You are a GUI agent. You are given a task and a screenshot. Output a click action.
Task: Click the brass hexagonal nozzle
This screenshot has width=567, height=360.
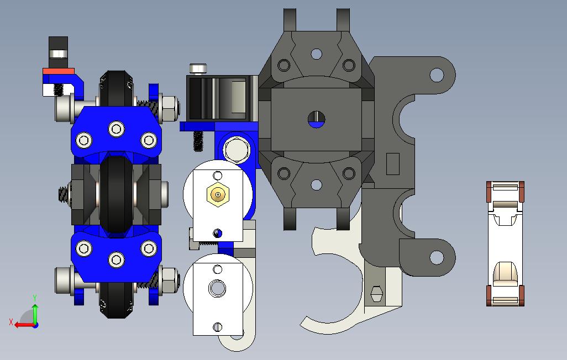click(x=218, y=194)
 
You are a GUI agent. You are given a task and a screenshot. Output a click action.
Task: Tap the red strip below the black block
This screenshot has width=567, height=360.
click(x=59, y=71)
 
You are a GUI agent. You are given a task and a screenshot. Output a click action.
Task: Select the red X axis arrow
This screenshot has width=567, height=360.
click(x=24, y=325)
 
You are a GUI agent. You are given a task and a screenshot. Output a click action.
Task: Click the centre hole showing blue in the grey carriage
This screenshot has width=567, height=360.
click(x=317, y=120)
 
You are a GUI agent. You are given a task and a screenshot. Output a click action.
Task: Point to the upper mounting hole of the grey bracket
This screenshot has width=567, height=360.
click(x=437, y=75)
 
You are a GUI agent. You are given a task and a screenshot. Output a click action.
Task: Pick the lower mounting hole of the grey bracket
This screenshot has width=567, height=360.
click(x=437, y=257)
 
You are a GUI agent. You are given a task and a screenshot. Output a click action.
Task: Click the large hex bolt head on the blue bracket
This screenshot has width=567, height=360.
click(x=236, y=150)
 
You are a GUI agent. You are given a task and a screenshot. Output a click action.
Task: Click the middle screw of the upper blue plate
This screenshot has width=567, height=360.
click(x=117, y=129)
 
